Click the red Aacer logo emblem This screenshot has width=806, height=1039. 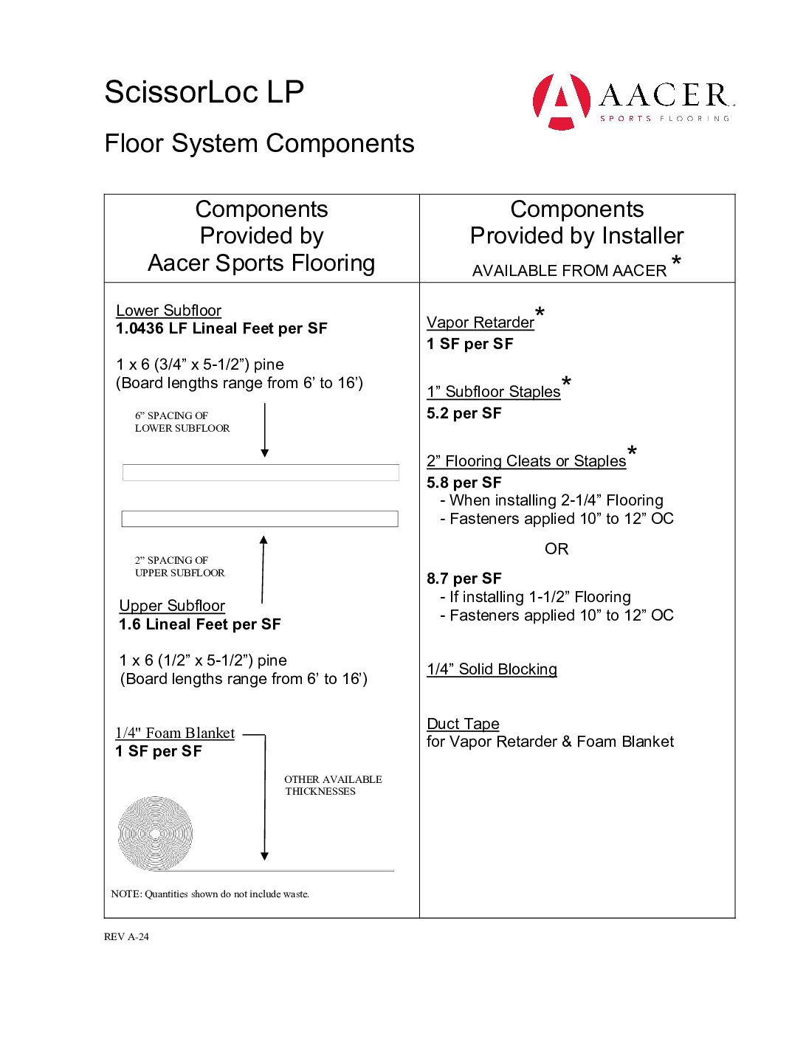(x=562, y=102)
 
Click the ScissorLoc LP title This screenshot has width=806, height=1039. (x=204, y=92)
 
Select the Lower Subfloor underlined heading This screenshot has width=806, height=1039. (x=168, y=311)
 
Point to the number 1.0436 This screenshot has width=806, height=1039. (x=139, y=328)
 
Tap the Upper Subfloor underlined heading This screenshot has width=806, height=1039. (x=172, y=606)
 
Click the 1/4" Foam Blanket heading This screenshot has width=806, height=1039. (x=175, y=733)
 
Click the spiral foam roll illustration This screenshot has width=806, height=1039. (x=155, y=833)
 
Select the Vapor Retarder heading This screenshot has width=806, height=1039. (x=480, y=322)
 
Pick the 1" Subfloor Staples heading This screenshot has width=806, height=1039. (x=493, y=392)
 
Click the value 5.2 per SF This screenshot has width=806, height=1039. (x=464, y=413)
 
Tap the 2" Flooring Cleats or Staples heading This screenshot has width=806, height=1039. (x=526, y=461)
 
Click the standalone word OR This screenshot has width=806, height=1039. (x=557, y=549)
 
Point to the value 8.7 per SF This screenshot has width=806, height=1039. (x=464, y=579)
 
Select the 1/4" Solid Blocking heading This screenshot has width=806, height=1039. (x=492, y=669)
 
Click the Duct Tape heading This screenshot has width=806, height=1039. (x=463, y=724)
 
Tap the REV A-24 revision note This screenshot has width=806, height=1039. (x=126, y=936)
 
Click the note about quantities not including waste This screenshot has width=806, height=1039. (x=210, y=894)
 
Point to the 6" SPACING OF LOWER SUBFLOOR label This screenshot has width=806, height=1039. (x=182, y=421)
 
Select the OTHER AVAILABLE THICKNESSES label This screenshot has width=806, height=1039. (x=332, y=785)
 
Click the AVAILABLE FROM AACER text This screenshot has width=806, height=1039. (x=569, y=271)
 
